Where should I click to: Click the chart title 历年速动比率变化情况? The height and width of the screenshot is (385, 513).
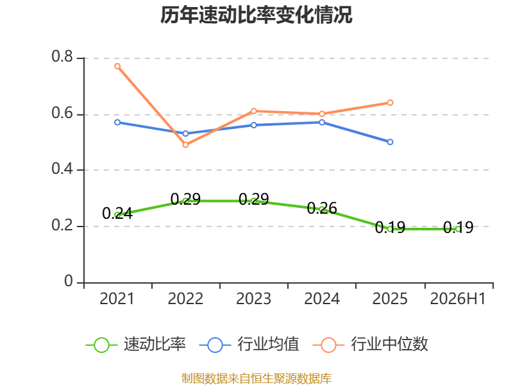(256, 15)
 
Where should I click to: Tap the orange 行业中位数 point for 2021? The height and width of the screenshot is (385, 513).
(117, 66)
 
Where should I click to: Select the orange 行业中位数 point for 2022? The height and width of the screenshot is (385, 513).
(185, 145)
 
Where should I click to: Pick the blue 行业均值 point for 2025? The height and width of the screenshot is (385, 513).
(390, 142)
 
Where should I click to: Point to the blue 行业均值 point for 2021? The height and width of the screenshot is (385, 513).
(117, 123)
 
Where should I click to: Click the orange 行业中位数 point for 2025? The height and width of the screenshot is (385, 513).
(390, 103)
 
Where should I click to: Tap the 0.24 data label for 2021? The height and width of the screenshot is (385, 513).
(117, 214)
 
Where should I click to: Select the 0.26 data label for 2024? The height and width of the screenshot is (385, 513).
(322, 208)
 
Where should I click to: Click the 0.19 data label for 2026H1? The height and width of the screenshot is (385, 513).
(458, 227)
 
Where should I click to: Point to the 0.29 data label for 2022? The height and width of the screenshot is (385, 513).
(185, 199)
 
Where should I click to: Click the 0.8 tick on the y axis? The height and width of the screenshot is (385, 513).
(62, 56)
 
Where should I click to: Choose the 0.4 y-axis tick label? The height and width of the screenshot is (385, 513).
(62, 169)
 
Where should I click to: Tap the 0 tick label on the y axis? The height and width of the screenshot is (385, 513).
(69, 281)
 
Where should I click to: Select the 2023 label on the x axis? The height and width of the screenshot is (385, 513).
(253, 298)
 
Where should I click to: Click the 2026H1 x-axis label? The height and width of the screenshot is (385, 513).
(458, 298)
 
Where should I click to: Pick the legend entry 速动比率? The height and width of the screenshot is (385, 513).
(135, 345)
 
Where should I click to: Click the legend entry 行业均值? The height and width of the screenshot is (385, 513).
(249, 345)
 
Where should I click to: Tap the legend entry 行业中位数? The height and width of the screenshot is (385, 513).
(371, 345)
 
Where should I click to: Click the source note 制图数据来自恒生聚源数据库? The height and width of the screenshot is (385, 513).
(256, 378)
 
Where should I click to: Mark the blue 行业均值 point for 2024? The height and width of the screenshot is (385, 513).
(322, 123)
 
